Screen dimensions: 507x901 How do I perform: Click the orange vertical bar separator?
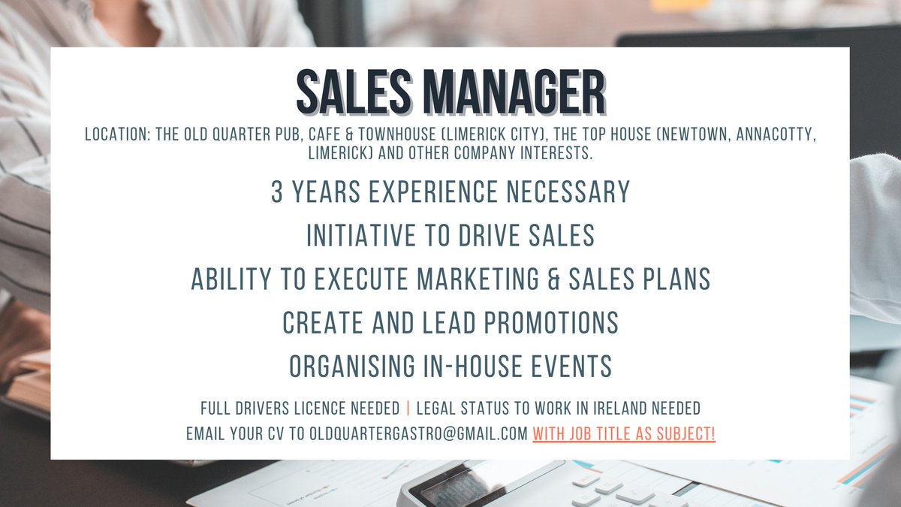(408, 409)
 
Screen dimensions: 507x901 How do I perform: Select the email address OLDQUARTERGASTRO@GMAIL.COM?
(418, 434)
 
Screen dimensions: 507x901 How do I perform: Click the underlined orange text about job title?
(624, 434)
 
